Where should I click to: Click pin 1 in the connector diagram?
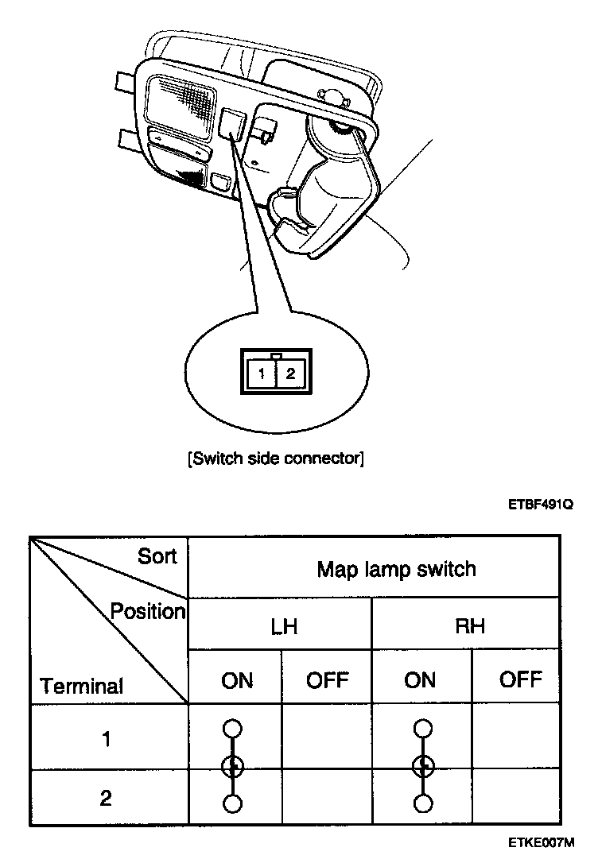pos(262,373)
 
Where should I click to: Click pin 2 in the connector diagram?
pos(290,373)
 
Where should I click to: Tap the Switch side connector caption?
pos(276,459)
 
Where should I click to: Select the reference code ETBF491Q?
pos(541,504)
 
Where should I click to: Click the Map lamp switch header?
pos(396,569)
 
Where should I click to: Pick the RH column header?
pos(469,626)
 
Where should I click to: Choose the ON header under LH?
pos(236,680)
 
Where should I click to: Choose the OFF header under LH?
pos(327,680)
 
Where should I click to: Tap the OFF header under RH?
pos(521,679)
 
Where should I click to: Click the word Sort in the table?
pos(157,556)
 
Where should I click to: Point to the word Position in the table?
pos(148,612)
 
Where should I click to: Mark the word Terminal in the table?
pos(82,686)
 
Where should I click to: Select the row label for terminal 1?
pos(106,739)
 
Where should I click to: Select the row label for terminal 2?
pos(106,799)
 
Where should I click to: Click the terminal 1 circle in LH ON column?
pos(232,728)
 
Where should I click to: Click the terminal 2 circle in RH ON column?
pos(424,804)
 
